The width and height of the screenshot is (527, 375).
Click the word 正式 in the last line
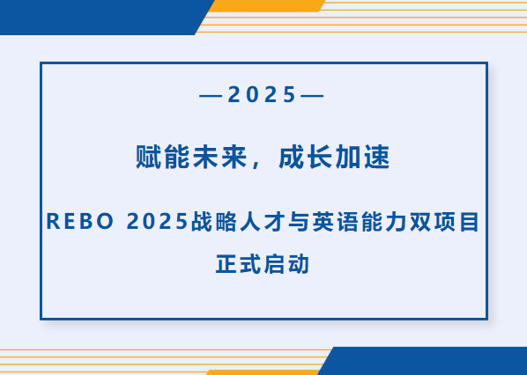click(239, 263)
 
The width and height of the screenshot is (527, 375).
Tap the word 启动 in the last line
click(286, 263)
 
